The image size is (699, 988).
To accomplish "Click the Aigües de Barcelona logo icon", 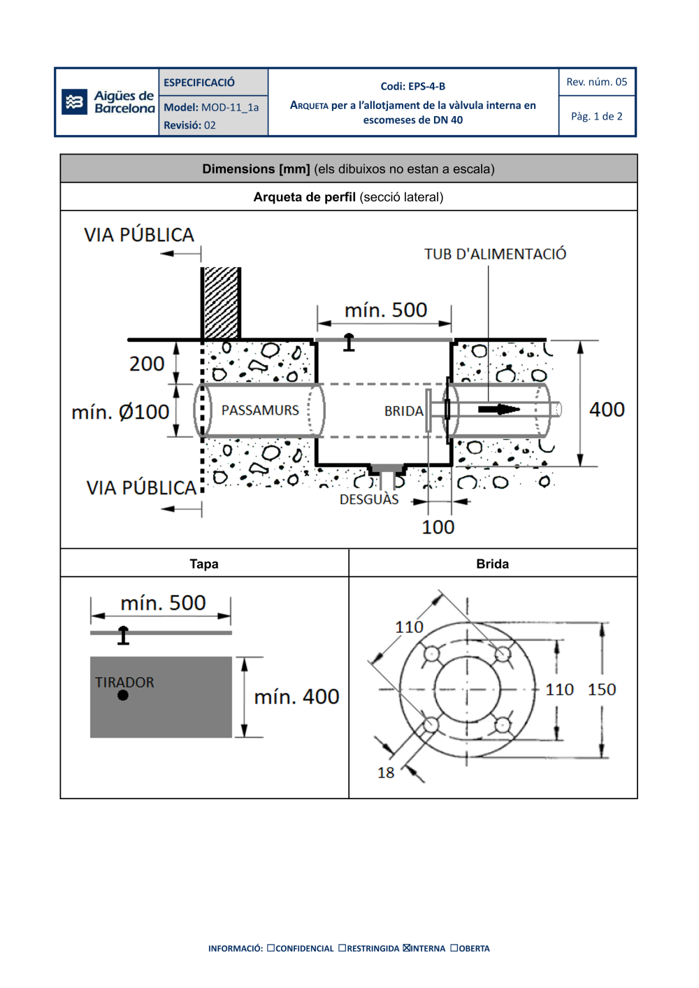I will coord(74,102).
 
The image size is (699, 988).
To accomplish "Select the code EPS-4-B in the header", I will coord(412,86).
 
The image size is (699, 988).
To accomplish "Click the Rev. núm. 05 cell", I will coord(596,82).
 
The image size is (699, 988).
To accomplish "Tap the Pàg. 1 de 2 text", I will coord(596,116).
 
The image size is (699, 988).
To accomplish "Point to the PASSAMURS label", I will coord(260,410).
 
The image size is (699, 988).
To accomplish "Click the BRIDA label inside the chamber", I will coord(403,411).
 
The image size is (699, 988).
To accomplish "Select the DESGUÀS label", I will coord(369,499).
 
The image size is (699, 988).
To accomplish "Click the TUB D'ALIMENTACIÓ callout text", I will coord(495,254).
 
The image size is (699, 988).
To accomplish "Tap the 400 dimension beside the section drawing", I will coord(607,409).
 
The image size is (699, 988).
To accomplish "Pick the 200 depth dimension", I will coord(147,364).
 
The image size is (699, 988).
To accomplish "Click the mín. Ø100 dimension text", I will coord(120,412).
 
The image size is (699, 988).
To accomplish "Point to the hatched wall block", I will coord(221,303).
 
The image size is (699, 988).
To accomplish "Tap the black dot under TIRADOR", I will coord(123,695).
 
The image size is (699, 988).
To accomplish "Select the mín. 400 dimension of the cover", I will coord(296,696).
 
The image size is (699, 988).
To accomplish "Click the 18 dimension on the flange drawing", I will coord(386,773).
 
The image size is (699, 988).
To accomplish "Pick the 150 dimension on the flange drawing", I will coord(601,689).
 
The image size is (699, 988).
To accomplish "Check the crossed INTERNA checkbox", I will coord(407,948).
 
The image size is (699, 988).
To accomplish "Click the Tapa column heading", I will coord(204,564).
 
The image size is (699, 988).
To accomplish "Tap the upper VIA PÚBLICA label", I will coord(139,235).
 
